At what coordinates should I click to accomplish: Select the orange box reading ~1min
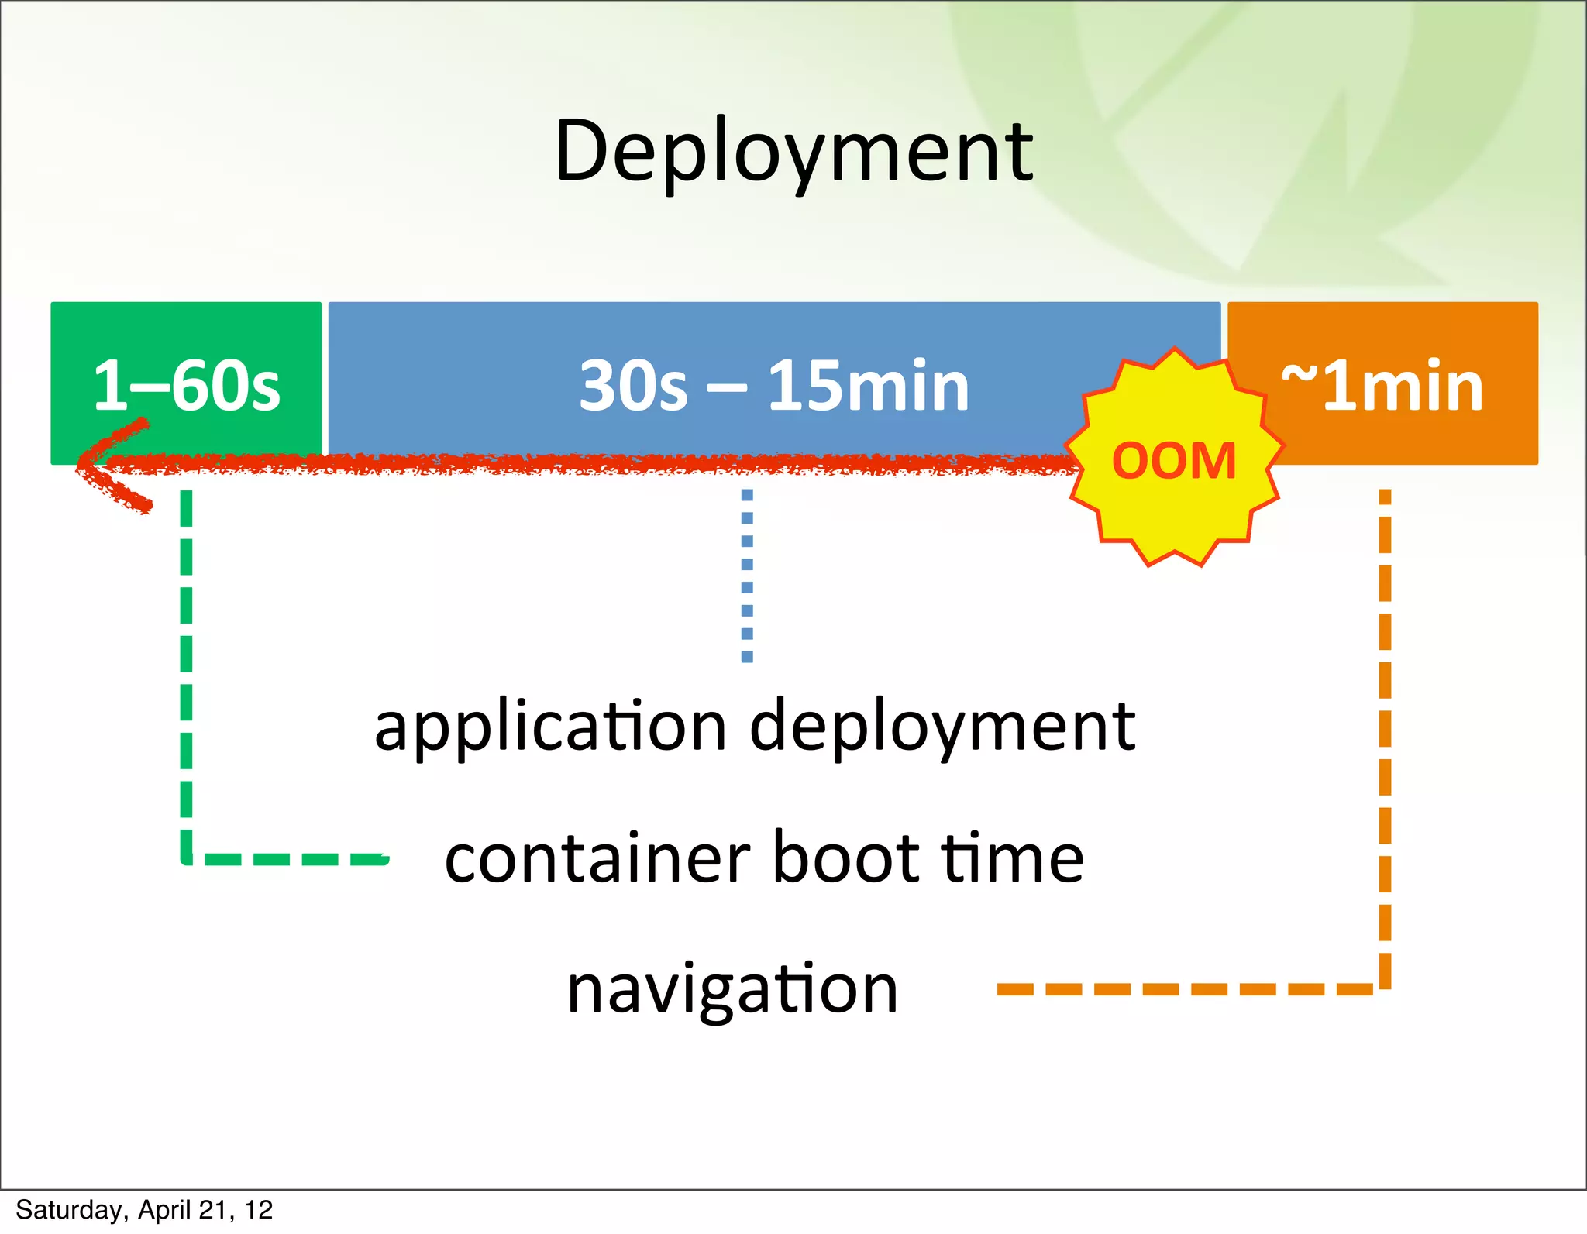[1382, 385]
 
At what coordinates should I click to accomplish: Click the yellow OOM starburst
[1174, 461]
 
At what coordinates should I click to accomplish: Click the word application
[550, 727]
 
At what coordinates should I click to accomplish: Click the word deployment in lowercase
[942, 727]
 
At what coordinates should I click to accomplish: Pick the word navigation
[732, 989]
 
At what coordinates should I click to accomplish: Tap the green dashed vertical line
[186, 666]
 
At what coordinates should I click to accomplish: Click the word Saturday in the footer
[68, 1210]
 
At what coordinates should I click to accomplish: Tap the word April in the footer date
[164, 1210]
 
